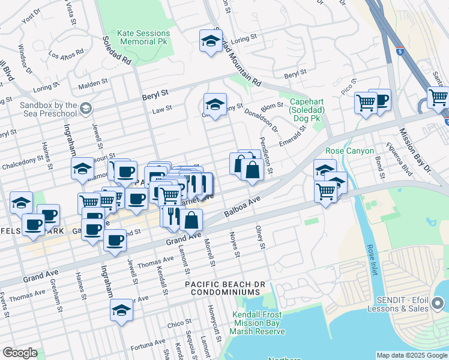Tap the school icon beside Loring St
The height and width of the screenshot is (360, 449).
(211, 41)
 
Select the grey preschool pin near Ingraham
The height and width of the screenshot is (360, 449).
(85, 109)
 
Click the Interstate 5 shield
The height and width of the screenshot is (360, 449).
(400, 51)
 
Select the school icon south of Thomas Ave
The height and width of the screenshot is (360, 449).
(121, 311)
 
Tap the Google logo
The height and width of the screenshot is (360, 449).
(20, 353)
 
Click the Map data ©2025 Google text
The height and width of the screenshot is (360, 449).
(412, 355)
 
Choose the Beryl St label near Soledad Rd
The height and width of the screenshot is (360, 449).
(155, 94)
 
